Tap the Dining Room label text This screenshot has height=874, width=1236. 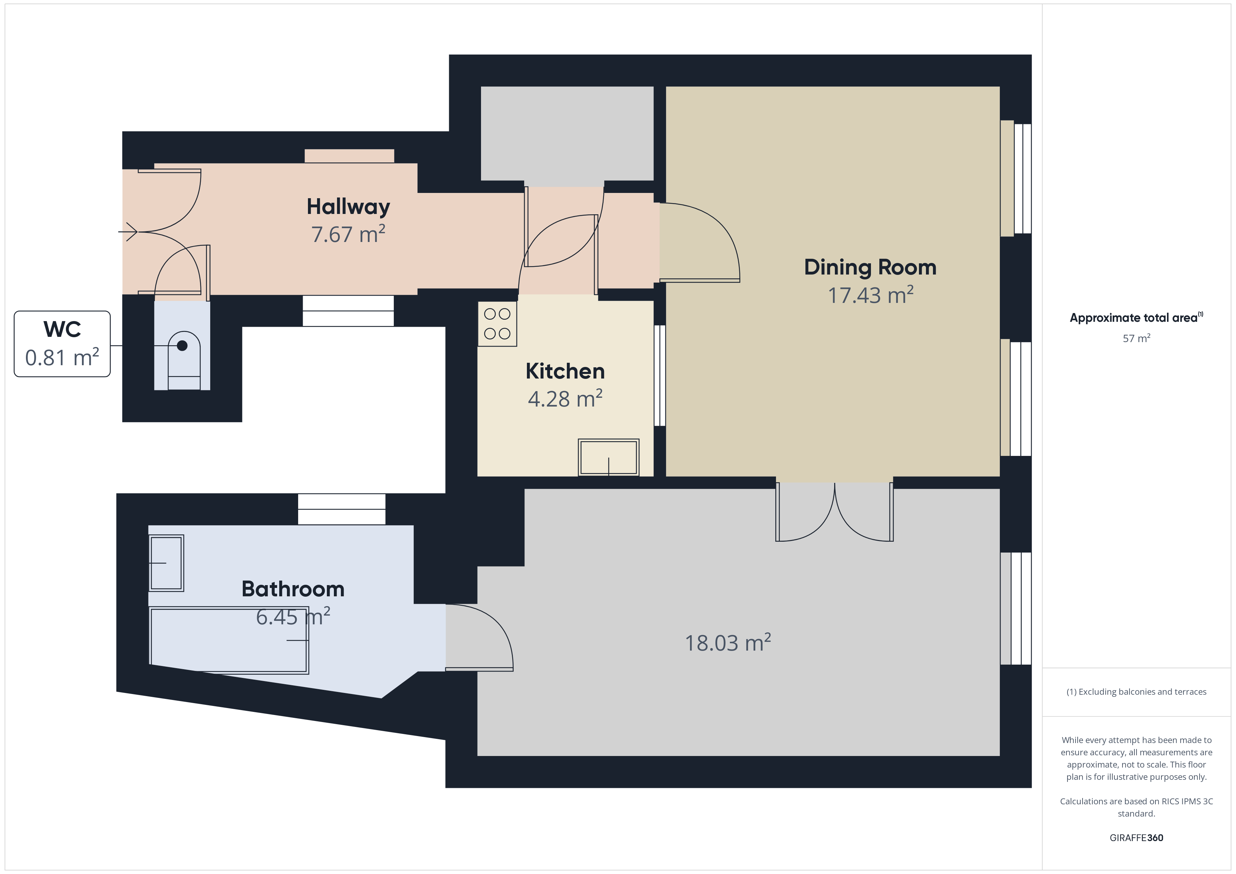870,268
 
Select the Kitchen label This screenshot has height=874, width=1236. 565,371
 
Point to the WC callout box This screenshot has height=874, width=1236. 62,344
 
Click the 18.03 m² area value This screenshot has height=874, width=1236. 728,643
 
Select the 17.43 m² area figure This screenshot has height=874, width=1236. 871,295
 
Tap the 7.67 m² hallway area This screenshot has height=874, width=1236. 348,234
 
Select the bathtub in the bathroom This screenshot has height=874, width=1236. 229,640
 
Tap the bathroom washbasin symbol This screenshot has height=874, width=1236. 166,563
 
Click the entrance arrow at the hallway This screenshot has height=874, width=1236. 128,232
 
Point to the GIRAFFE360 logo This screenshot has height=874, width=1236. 1137,838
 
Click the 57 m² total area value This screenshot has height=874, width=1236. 1137,338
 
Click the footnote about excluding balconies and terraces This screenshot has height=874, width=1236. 1137,692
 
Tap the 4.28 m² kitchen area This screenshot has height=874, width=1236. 565,399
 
